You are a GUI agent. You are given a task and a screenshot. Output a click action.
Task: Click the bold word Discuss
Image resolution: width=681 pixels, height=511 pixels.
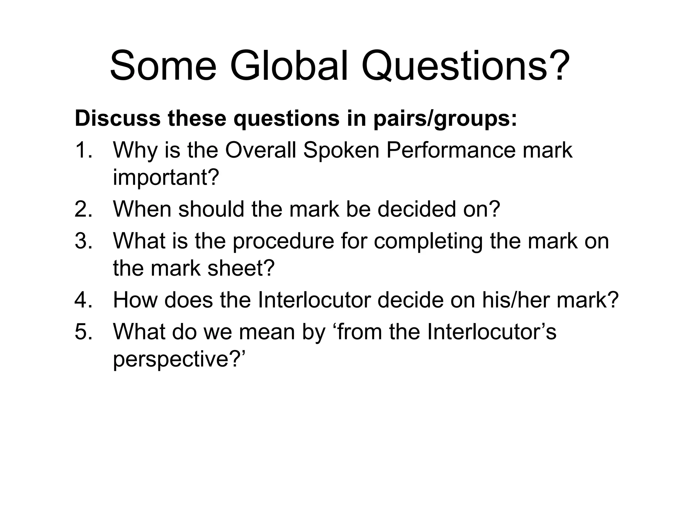tap(117, 118)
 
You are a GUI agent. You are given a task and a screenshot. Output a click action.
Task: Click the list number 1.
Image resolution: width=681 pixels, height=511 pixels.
tap(83, 150)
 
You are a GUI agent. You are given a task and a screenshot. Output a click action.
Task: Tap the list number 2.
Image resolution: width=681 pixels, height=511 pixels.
tap(83, 209)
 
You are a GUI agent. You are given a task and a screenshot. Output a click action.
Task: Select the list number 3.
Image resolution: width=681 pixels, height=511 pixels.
tap(83, 241)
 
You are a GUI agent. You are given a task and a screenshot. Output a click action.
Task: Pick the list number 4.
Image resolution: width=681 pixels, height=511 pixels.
tap(83, 300)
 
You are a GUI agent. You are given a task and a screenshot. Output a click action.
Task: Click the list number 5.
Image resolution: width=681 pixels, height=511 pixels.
tap(83, 332)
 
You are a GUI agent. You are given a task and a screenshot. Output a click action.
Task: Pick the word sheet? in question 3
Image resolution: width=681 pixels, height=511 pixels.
tap(241, 268)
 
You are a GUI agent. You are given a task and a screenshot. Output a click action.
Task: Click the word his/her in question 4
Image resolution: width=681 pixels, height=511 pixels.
tap(516, 300)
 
